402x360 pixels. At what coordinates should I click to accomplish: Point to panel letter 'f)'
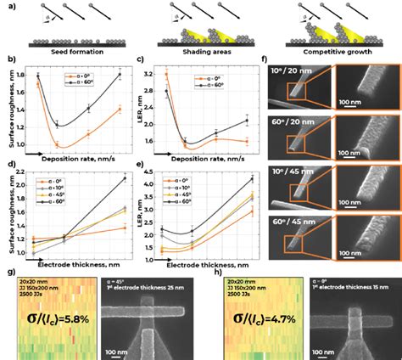[x=265, y=61]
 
